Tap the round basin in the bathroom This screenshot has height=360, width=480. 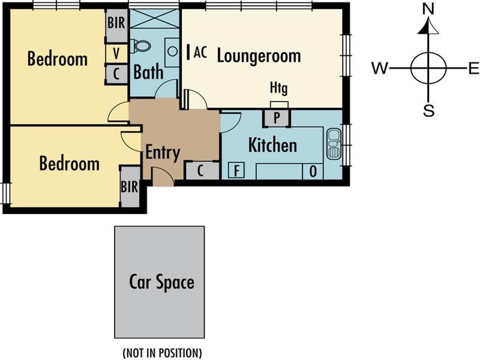coord(172,51)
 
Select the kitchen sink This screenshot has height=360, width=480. coord(334,144)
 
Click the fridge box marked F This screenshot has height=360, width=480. coord(236,170)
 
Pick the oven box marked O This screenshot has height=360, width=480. coord(313,172)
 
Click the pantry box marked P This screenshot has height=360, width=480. coord(277,118)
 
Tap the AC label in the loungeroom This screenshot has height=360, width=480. coord(200,52)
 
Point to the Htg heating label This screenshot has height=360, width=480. coord(278,88)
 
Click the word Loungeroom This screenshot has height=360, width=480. coord(259,56)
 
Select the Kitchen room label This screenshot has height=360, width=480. coord(272,145)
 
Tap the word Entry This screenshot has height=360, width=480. coord(163,153)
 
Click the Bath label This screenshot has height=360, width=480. coord(148,72)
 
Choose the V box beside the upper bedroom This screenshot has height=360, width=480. coord(116,54)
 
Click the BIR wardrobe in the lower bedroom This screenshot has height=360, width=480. coord(130,187)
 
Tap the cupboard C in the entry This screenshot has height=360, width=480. coord(201,170)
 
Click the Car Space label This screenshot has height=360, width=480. coord(161,281)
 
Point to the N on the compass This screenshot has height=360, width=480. coord(428,10)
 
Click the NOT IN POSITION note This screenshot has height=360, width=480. coord(162,353)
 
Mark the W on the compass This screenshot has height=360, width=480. coord(380,68)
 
